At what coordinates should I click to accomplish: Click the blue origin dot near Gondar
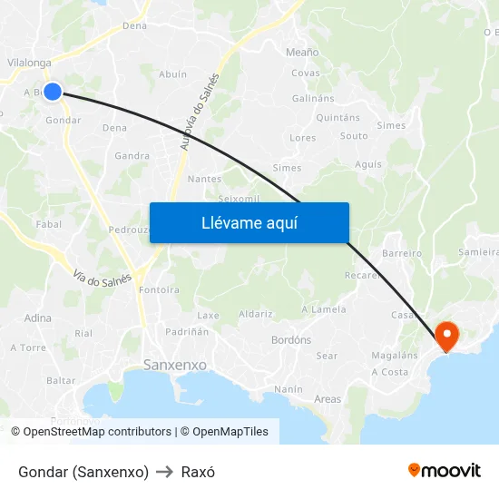point(53,91)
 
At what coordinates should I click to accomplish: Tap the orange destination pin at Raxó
point(447,336)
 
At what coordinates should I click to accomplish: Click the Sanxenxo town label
point(175,366)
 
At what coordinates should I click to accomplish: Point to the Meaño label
point(302,53)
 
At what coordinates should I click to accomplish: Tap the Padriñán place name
point(186,332)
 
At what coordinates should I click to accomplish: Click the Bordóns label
point(291,340)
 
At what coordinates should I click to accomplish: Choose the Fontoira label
point(160,290)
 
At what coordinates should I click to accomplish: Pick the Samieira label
point(479,251)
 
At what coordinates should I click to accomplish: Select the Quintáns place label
point(338,118)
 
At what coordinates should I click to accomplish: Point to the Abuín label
point(172,74)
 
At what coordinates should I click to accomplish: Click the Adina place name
point(38,318)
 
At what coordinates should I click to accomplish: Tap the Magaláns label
point(395,356)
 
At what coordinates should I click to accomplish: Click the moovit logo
point(445,471)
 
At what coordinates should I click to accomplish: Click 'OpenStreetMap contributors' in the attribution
point(97,432)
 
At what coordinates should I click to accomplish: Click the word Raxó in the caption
point(198,472)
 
